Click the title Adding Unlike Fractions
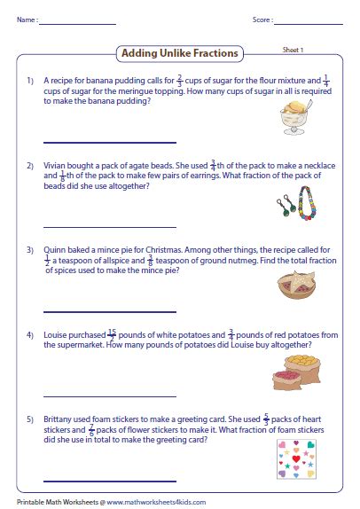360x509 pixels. pyautogui.click(x=179, y=53)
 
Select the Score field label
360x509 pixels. pyautogui.click(x=262, y=19)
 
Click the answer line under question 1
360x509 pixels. pyautogui.click(x=109, y=142)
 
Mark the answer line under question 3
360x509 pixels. pyautogui.click(x=109, y=311)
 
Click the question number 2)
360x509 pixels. pyautogui.click(x=29, y=166)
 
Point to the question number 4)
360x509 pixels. pyautogui.click(x=29, y=335)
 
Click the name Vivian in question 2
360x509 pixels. pyautogui.click(x=55, y=166)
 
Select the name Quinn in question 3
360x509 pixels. pyautogui.click(x=54, y=250)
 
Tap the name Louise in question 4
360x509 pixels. pyautogui.click(x=56, y=335)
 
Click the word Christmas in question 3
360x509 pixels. pyautogui.click(x=183, y=250)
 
